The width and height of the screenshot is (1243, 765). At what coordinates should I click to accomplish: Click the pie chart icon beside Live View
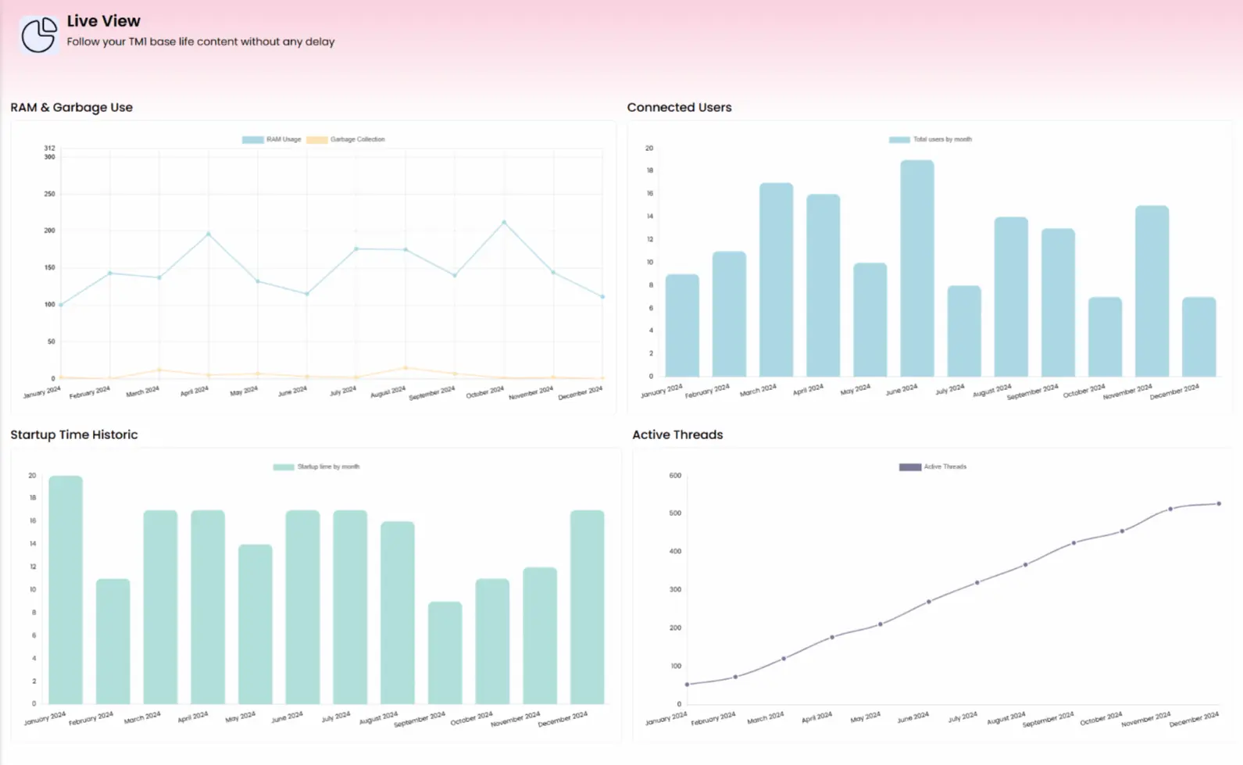point(38,34)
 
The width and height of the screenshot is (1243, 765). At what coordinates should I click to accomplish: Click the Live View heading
point(103,21)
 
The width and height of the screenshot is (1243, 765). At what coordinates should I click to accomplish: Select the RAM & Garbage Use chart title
point(71,108)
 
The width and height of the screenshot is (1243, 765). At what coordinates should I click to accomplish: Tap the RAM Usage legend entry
point(272,140)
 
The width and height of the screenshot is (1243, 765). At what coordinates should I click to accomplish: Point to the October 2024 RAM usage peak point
point(504,223)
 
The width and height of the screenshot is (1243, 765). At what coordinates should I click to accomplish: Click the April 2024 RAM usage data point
point(208,234)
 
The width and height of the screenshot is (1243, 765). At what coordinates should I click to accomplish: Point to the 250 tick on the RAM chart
point(49,194)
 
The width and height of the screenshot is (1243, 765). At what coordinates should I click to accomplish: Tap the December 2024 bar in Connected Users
point(1198,337)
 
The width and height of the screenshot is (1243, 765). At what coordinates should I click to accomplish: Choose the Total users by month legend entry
point(930,140)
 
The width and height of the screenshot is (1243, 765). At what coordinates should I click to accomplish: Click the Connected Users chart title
point(679,108)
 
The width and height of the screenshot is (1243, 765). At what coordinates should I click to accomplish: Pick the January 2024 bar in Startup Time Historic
point(66,590)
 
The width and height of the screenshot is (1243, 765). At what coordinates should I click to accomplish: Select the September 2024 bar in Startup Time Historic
point(445,652)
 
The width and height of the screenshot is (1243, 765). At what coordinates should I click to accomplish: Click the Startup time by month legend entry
point(316,467)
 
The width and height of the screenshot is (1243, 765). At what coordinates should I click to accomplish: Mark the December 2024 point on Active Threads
point(1219,504)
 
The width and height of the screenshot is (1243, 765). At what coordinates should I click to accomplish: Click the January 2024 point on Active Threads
point(688,685)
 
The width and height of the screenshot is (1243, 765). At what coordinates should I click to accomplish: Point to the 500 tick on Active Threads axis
point(675,513)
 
